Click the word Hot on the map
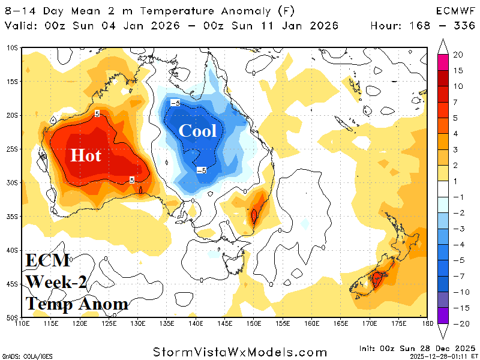86,155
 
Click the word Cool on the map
198,130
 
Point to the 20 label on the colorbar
458,55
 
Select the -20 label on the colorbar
460,323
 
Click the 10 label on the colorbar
458,86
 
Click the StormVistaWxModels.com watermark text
240,352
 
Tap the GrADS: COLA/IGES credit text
28,356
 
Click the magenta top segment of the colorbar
443,60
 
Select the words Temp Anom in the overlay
77,304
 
